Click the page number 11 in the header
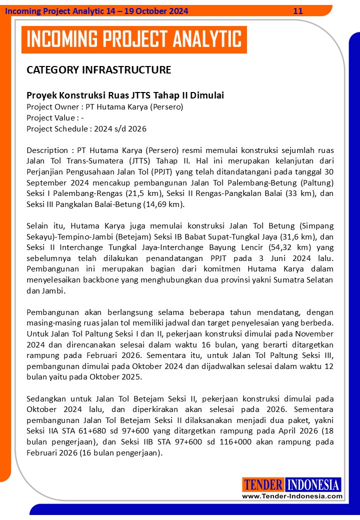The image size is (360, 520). click(298, 11)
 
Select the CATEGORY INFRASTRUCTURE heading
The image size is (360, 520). click(98, 70)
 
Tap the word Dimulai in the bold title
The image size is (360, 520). click(206, 95)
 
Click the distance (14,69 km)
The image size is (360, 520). click(160, 204)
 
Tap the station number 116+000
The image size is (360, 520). click(243, 442)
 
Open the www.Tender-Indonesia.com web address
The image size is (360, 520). click(292, 496)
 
